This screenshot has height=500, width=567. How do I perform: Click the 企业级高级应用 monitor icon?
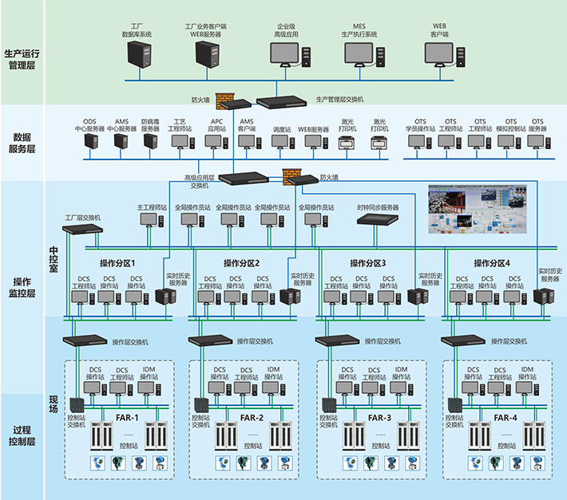(285, 54)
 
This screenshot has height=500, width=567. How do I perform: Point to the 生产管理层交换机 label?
(339, 100)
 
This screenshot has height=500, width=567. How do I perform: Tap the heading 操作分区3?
(367, 263)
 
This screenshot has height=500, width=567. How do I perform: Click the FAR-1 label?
(125, 418)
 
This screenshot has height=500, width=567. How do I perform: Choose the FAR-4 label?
(505, 418)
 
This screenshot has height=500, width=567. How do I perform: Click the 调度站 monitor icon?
(280, 141)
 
